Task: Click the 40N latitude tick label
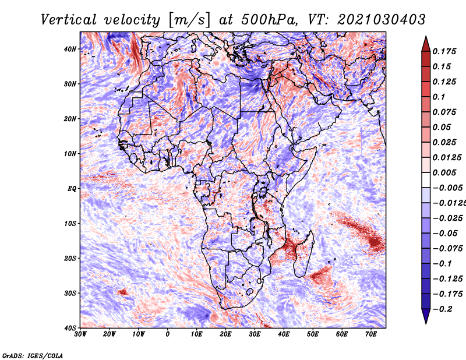click(x=70, y=49)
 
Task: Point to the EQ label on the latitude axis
click(x=72, y=189)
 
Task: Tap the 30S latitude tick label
click(x=70, y=293)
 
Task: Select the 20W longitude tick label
click(x=110, y=334)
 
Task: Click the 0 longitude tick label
click(x=168, y=334)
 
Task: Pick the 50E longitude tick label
click(x=313, y=334)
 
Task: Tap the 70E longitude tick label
click(x=370, y=334)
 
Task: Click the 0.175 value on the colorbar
click(x=444, y=51)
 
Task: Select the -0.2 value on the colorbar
click(x=443, y=309)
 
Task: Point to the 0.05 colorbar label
click(x=442, y=127)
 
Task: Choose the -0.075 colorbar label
click(x=448, y=249)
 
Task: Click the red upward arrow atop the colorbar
click(x=426, y=44)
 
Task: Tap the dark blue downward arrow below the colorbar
click(x=426, y=316)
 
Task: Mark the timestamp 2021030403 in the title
click(x=382, y=20)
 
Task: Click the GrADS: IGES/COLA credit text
click(x=33, y=355)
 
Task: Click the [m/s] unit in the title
click(x=189, y=20)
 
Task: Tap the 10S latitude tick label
click(x=70, y=224)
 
